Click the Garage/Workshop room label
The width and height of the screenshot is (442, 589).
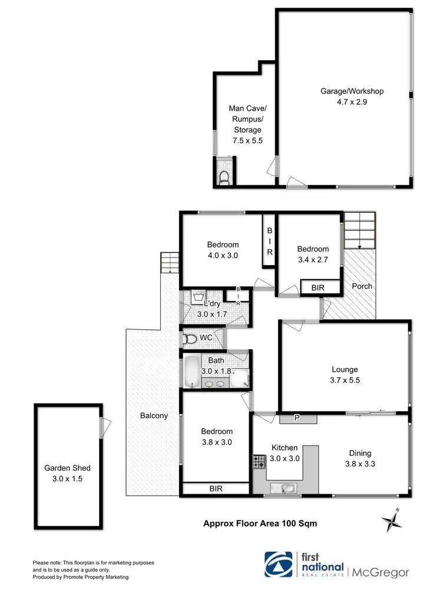pos(352,91)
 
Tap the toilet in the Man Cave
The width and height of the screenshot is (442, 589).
pos(223,176)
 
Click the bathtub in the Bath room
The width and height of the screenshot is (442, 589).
pos(191,371)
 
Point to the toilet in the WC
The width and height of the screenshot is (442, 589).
pos(190,339)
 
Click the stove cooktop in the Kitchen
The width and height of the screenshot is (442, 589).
pos(259,461)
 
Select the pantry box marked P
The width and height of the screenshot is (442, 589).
pos(298,418)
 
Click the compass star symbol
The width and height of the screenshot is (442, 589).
pos(391,519)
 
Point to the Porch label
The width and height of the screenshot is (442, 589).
pos(362,286)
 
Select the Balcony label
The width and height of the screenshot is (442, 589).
pos(154,415)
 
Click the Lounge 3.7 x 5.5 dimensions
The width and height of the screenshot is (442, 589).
pos(345,380)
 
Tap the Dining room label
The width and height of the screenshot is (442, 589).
pos(359,453)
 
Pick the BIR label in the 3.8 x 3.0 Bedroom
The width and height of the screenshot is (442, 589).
pos(215,489)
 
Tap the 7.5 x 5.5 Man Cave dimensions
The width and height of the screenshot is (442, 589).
pos(245,141)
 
